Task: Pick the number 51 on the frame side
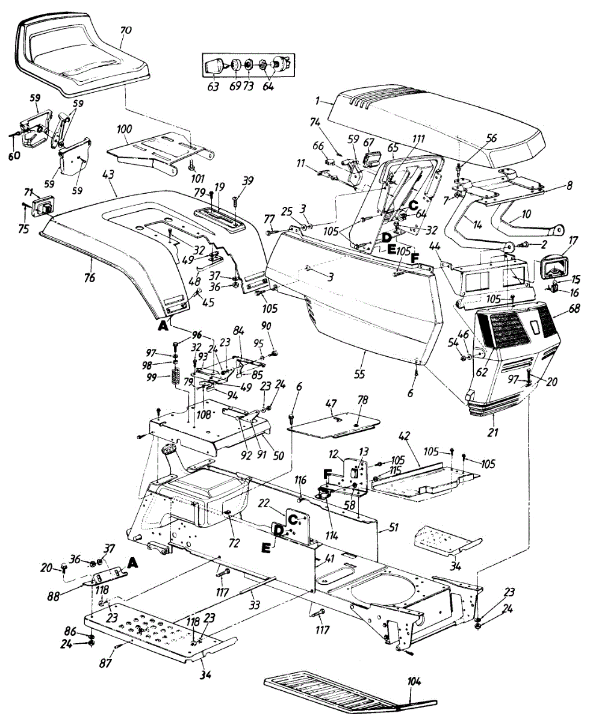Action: click(393, 528)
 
